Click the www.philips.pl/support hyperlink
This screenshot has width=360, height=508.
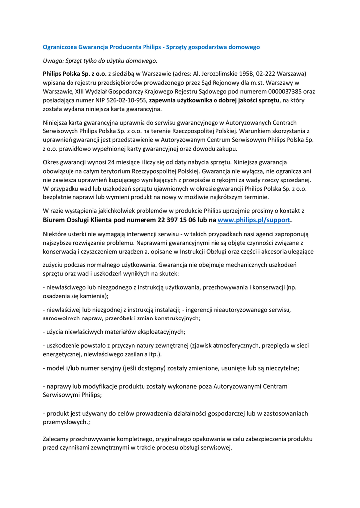(254, 220)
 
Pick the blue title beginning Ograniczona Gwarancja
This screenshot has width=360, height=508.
(151, 47)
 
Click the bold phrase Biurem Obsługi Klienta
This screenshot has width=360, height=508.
(82, 220)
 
